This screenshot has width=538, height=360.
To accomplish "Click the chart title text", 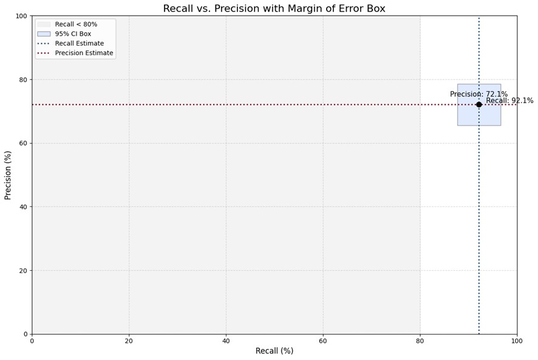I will click(282, 8).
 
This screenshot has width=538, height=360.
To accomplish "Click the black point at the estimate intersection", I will click(478, 104).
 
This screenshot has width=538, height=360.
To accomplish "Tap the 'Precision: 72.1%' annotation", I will click(478, 94).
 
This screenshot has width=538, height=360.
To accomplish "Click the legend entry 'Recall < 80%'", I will click(76, 24).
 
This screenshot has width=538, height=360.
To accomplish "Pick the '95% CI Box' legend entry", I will click(73, 34).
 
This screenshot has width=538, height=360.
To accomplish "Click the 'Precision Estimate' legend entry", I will click(84, 53).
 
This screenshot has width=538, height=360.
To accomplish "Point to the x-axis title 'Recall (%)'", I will click(274, 351).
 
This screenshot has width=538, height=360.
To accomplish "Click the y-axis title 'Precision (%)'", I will click(8, 175).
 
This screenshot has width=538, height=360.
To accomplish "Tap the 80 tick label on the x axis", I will click(420, 341).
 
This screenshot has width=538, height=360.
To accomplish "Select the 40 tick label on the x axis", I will click(226, 341).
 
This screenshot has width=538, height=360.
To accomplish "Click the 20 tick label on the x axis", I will click(129, 341).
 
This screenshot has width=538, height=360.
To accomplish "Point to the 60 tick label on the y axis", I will click(23, 143).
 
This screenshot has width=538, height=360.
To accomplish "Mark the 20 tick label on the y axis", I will click(23, 270).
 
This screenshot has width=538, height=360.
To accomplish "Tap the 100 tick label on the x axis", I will click(517, 341).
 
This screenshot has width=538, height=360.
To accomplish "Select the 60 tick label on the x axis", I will click(323, 341).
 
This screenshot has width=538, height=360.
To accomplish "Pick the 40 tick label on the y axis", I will click(23, 207).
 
